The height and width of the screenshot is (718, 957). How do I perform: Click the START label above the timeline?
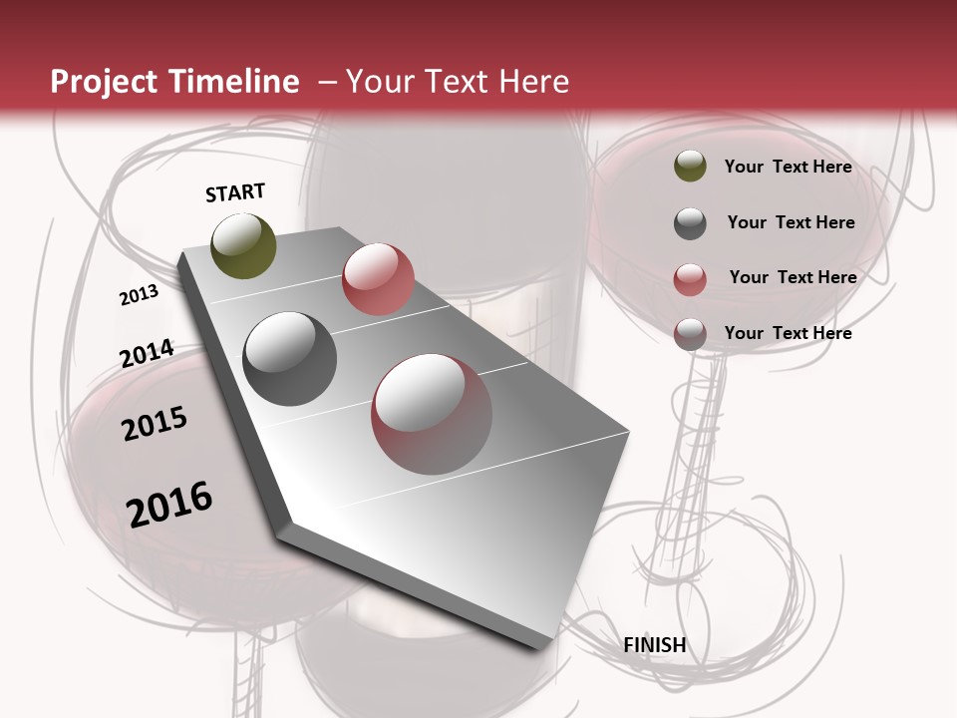click(x=235, y=192)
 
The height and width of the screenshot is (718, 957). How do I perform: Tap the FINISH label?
click(x=654, y=645)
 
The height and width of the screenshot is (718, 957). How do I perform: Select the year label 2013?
click(x=139, y=295)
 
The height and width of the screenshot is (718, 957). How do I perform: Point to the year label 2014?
click(x=147, y=354)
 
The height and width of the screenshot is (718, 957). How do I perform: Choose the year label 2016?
click(x=169, y=505)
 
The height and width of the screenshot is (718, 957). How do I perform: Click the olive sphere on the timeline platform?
click(x=243, y=245)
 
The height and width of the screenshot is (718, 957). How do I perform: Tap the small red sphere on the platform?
click(x=378, y=278)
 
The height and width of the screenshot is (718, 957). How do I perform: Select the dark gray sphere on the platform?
click(x=289, y=359)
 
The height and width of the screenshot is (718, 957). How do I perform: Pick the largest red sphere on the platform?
click(x=432, y=413)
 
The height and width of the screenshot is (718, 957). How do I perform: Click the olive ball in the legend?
click(x=690, y=167)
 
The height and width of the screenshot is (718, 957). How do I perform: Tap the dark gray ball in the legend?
click(x=690, y=223)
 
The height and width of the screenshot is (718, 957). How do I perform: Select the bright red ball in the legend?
click(x=690, y=279)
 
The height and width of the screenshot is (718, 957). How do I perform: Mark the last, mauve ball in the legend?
click(x=690, y=334)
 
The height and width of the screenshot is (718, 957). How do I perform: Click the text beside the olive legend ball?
click(x=788, y=167)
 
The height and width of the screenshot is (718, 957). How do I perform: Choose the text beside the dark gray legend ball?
click(x=791, y=222)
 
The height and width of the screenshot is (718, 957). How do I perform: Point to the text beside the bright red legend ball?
click(x=793, y=277)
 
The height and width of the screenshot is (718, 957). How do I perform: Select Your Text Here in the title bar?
click(x=458, y=82)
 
